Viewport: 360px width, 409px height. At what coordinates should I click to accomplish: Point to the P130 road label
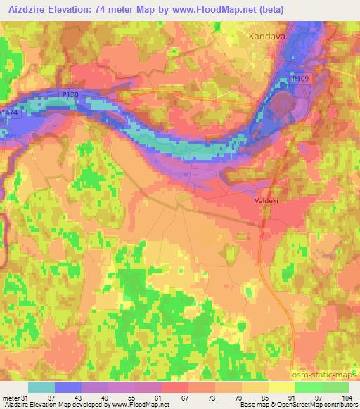pyautogui.click(x=71, y=94)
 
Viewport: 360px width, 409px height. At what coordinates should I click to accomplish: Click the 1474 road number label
pyautogui.click(x=10, y=112)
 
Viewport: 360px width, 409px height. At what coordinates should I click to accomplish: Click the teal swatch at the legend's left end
pyautogui.click(x=41, y=388)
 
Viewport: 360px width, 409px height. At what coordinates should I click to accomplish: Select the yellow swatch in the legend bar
pyautogui.click(x=281, y=388)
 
